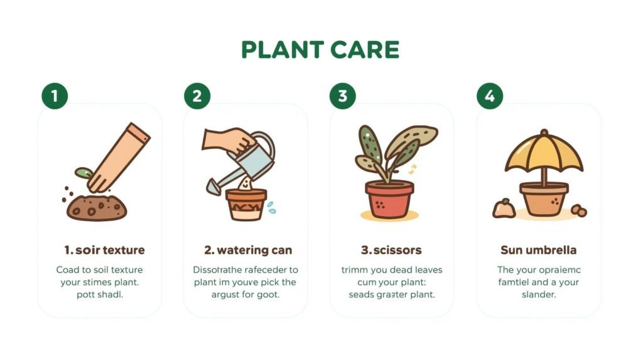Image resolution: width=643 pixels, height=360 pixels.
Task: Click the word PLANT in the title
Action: tap(282, 50)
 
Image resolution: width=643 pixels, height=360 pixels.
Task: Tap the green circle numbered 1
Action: tap(55, 96)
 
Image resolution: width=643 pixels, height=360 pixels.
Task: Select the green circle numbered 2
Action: tap(197, 96)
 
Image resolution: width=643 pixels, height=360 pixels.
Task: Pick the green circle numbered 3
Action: tap(343, 96)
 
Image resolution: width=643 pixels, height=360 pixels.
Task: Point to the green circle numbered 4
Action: tap(490, 96)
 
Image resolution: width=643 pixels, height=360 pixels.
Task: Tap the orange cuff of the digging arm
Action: tap(138, 134)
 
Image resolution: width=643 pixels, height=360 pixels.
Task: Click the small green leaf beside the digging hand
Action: tap(82, 172)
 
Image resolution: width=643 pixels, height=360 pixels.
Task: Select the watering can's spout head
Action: tap(213, 186)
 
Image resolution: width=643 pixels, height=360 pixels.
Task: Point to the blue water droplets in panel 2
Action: tap(271, 207)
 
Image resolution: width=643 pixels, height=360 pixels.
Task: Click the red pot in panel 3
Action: tap(389, 199)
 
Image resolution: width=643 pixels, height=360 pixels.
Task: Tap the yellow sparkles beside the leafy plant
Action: tap(413, 169)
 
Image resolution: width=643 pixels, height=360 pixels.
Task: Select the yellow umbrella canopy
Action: tap(544, 154)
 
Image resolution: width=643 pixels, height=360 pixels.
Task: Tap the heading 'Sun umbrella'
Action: tap(538, 250)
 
